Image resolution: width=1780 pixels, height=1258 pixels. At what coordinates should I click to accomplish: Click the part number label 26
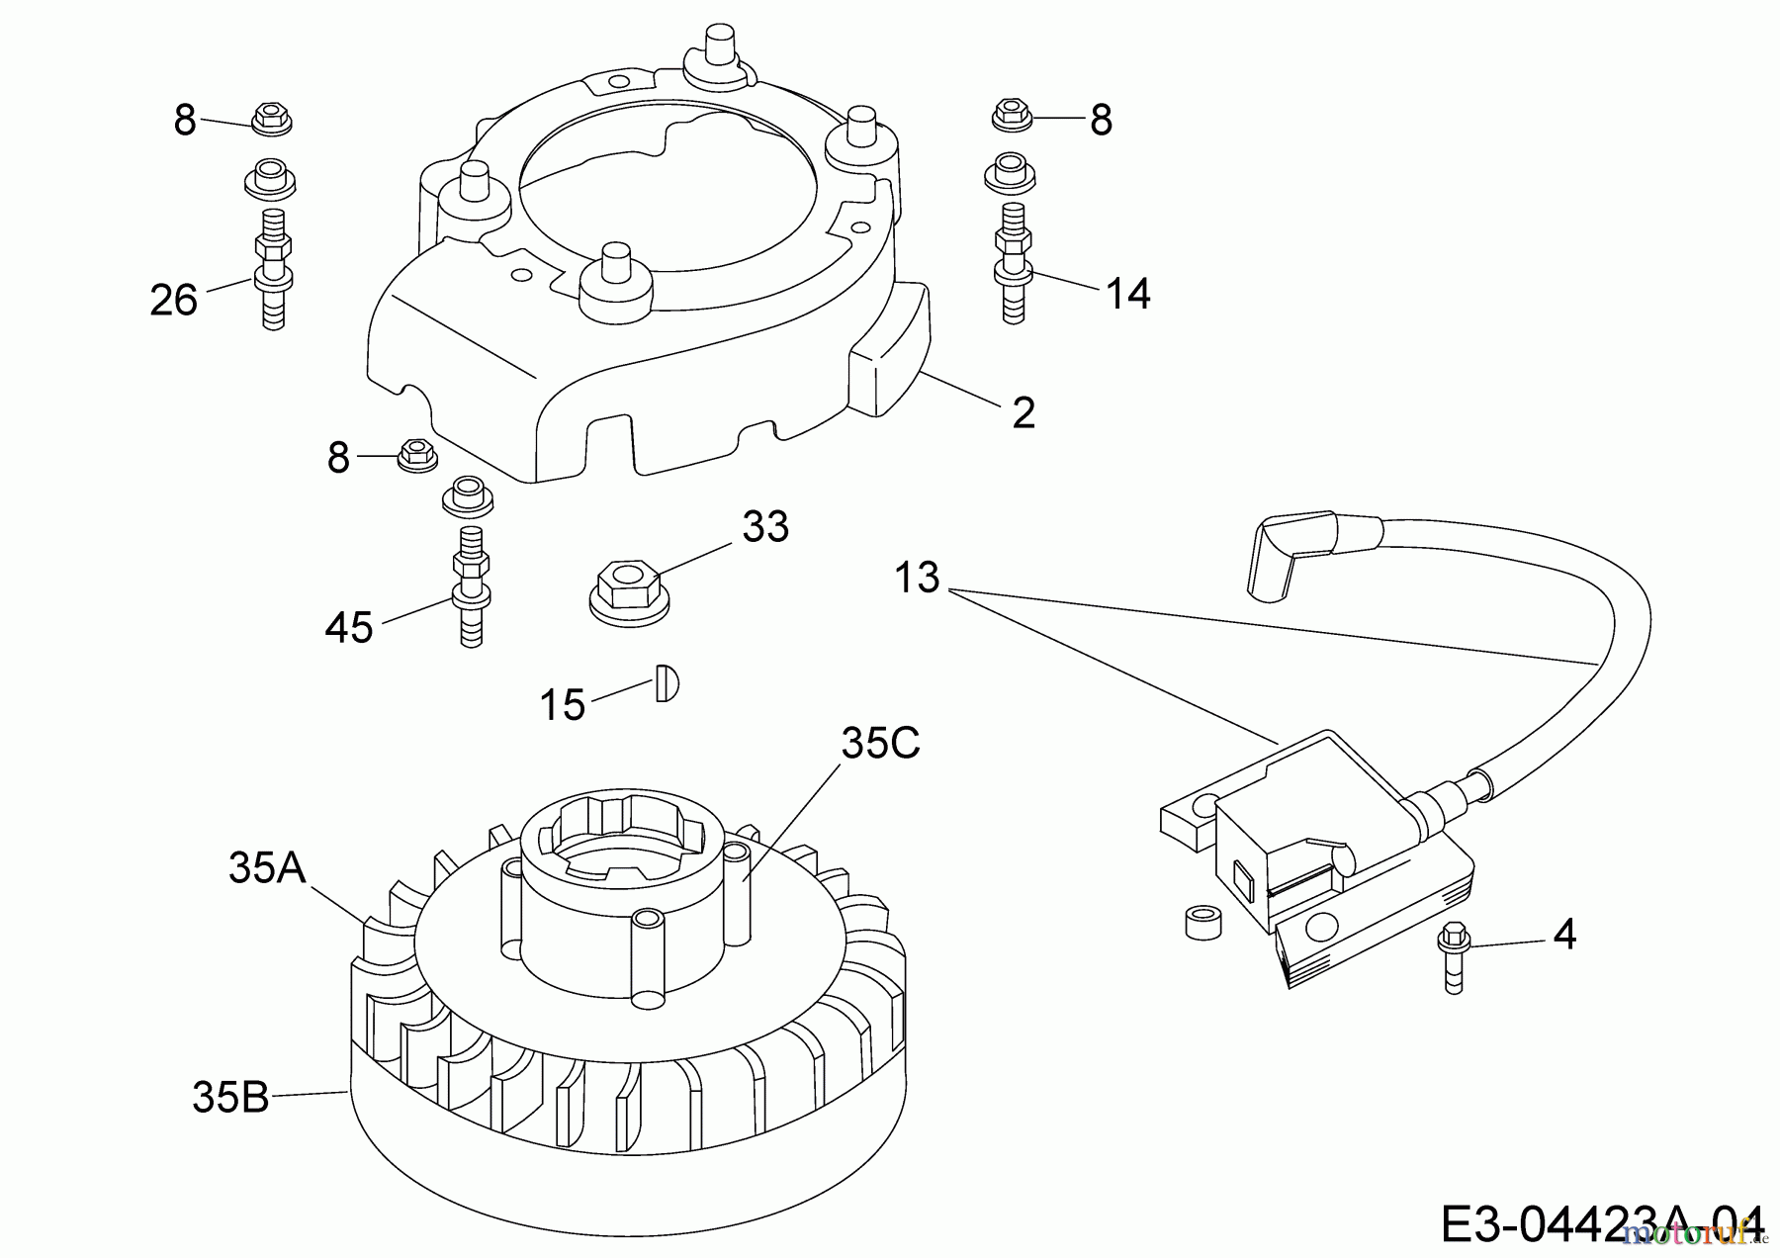tap(174, 300)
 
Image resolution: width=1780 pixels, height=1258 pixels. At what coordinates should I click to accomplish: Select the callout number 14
tap(1128, 294)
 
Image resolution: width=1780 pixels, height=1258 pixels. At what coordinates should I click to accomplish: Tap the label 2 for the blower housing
tap(1023, 412)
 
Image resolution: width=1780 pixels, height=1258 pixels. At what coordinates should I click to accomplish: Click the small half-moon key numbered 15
tap(667, 684)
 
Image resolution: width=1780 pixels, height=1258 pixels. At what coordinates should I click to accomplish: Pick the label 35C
tap(880, 744)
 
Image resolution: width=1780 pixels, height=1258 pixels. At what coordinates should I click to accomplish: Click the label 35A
tap(267, 868)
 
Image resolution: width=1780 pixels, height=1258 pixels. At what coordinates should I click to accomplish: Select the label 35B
tap(230, 1097)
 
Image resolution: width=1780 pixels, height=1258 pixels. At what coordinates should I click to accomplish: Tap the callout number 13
tap(917, 578)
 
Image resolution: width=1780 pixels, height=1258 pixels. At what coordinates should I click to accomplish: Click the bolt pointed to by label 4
tap(1454, 955)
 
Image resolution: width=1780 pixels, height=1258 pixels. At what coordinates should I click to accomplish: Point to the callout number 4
tap(1564, 934)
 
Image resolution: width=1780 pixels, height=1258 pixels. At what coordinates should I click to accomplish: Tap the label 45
tap(349, 627)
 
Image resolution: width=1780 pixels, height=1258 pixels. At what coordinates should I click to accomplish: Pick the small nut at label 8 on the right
tap(1010, 116)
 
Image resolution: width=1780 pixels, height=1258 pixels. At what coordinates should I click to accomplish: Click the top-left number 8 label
tap(185, 121)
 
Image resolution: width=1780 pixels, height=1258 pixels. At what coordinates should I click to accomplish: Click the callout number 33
tap(765, 527)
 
